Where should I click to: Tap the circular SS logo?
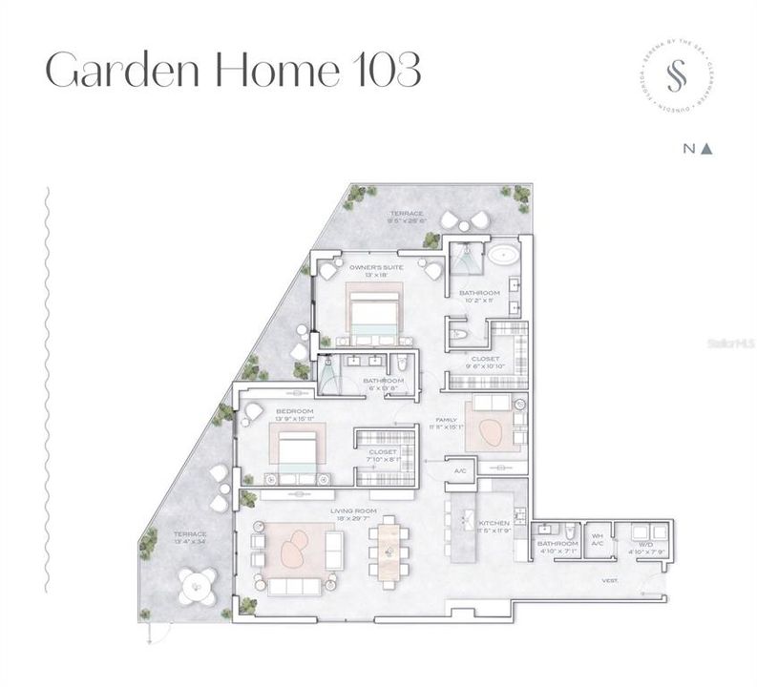[676, 80]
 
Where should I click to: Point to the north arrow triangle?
[707, 149]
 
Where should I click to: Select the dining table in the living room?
[389, 552]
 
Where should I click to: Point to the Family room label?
[448, 420]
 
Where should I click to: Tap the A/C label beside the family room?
[460, 470]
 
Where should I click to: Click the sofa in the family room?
[491, 402]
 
